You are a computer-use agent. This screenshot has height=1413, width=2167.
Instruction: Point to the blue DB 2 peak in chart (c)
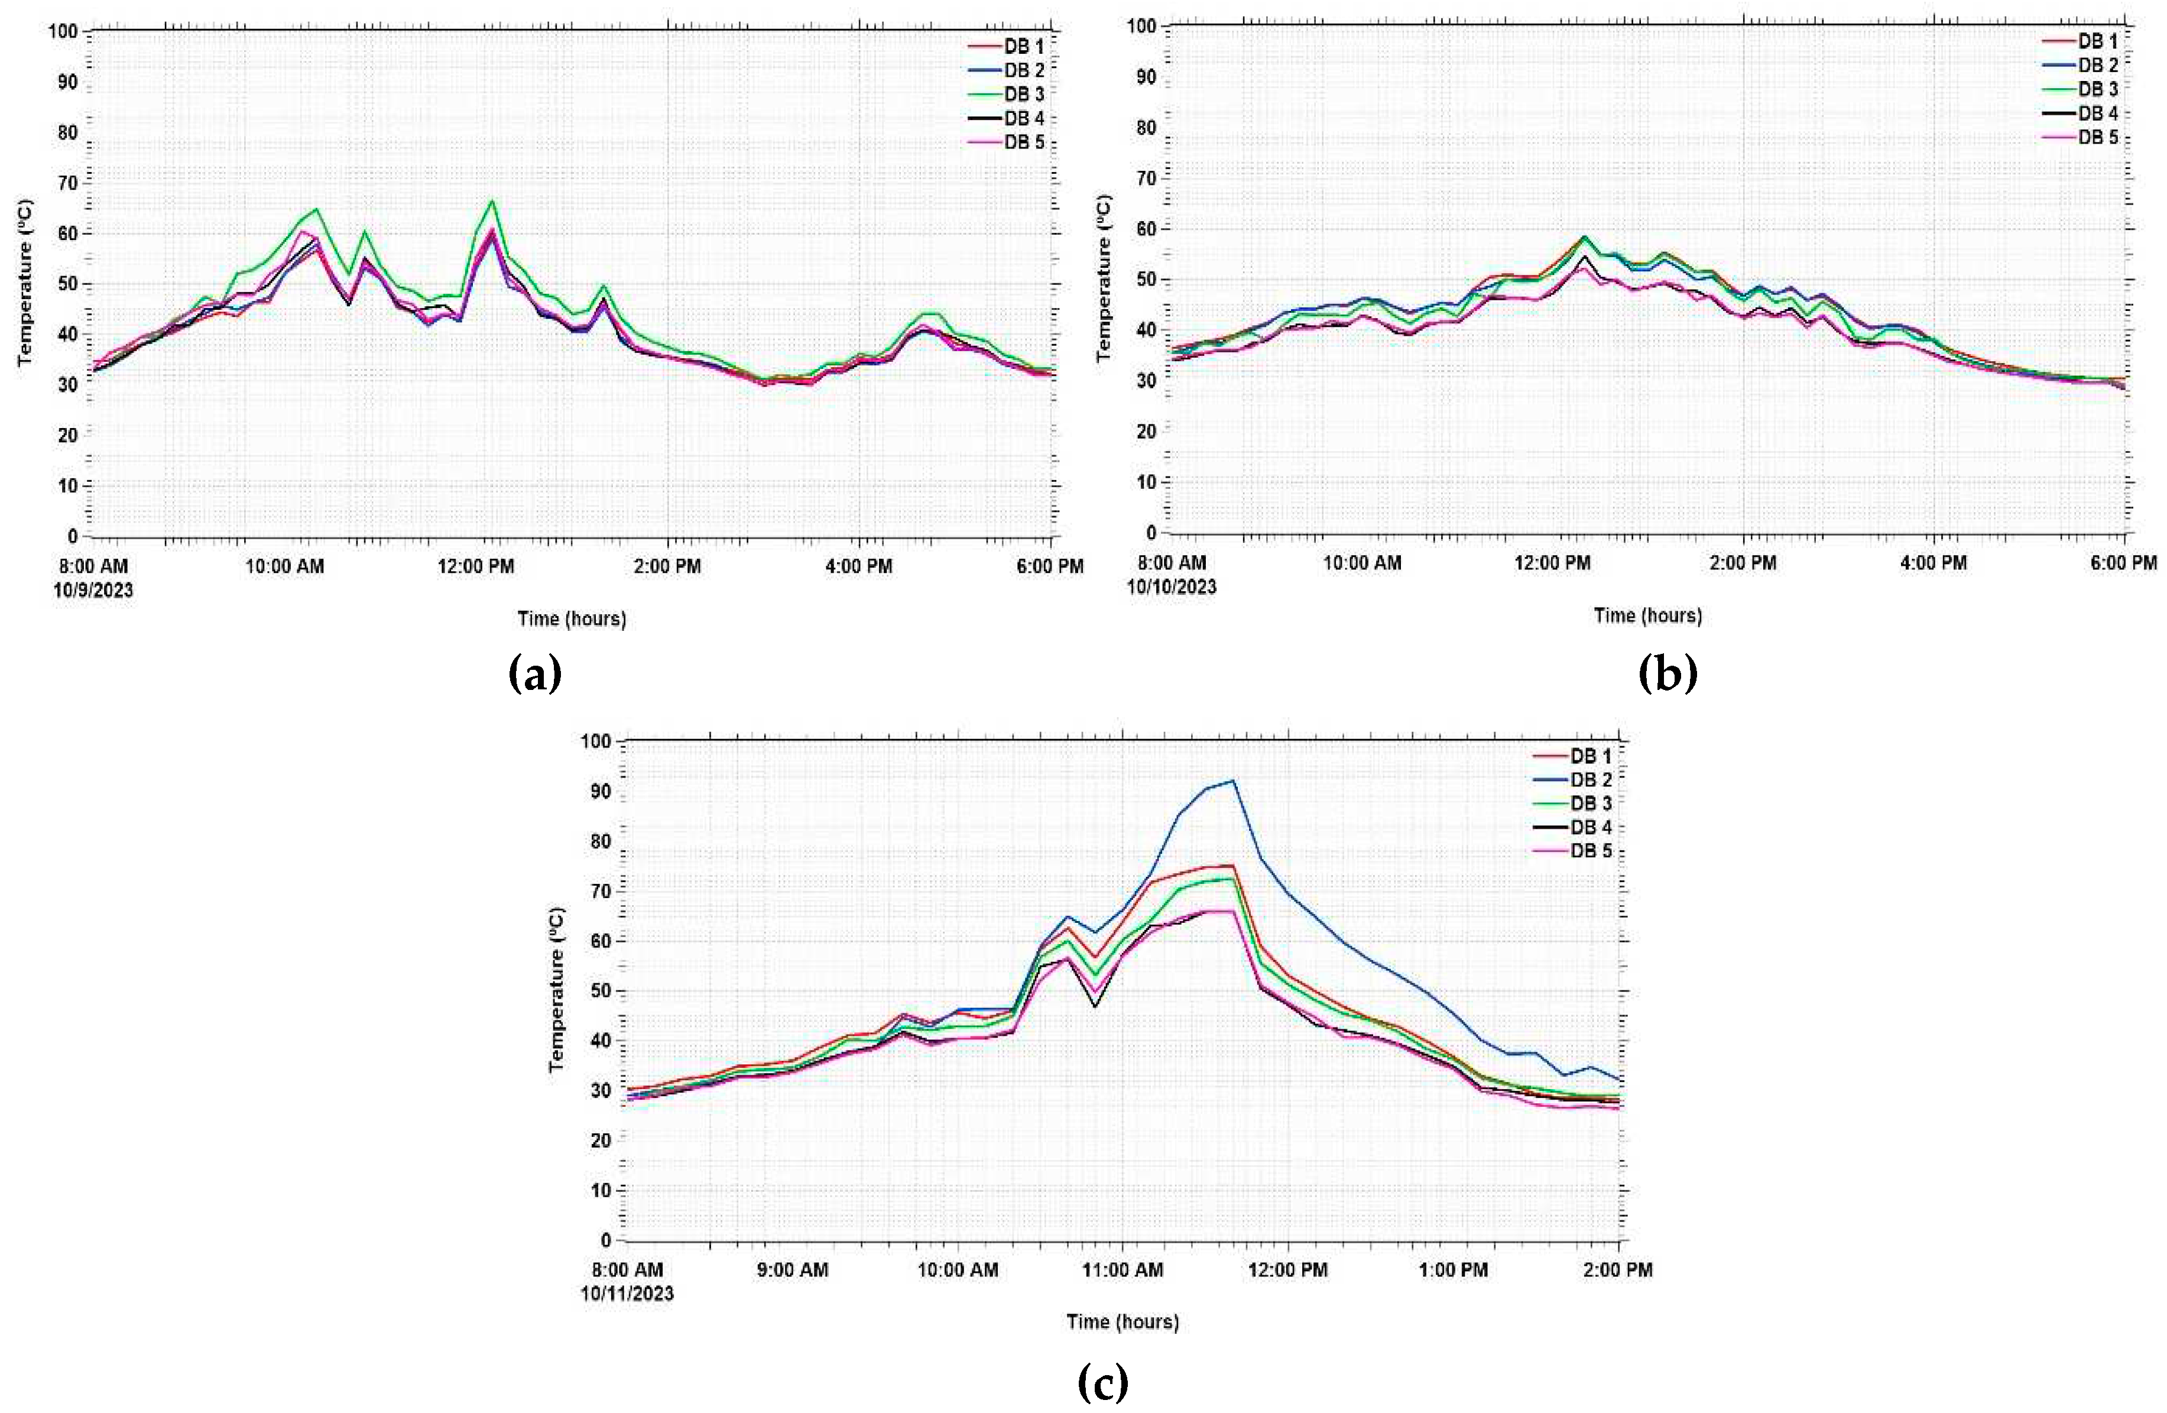coord(1232,781)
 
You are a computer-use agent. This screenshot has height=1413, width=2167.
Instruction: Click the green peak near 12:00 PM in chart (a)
coord(492,201)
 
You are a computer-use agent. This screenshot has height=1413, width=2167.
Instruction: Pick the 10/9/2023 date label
coord(93,590)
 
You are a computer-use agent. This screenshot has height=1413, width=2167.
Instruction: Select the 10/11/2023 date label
coord(627,1294)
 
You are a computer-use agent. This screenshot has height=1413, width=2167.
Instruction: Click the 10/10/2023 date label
coord(1171,587)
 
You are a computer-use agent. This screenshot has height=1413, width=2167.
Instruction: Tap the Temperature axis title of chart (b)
coord(1104,278)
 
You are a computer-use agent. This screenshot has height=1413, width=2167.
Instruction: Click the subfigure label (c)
coord(1102,1385)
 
